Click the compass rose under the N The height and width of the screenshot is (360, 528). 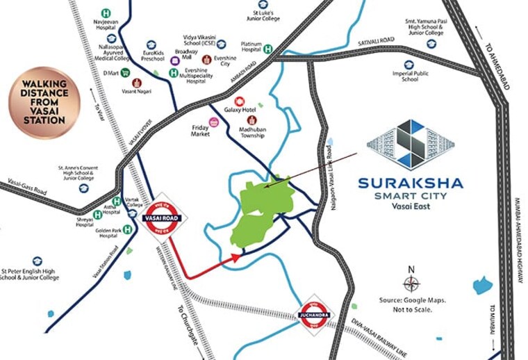[411, 284]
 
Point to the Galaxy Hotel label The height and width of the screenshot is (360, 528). [241, 111]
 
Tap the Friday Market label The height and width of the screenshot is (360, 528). [199, 131]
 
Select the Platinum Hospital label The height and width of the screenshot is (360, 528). [251, 48]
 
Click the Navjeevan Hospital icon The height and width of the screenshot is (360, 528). [106, 13]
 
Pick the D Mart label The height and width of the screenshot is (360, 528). [110, 72]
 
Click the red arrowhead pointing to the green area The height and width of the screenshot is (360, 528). [237, 256]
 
